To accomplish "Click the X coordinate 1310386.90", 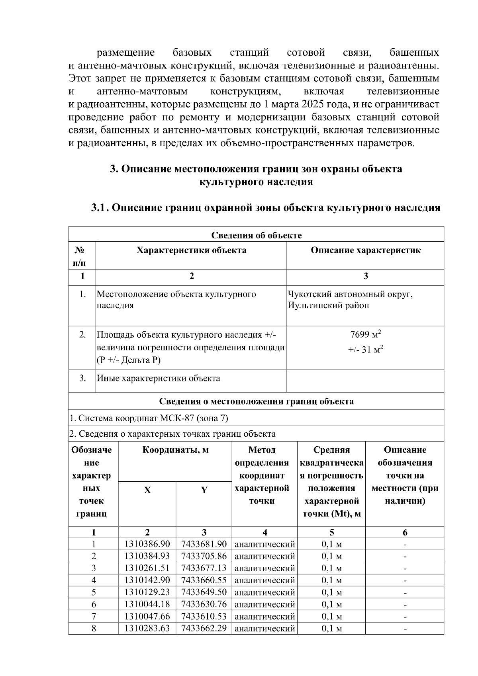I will [x=147, y=544].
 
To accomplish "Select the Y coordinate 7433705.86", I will [x=204, y=556].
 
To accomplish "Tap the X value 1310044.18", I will [x=147, y=604].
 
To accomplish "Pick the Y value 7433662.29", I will [x=204, y=629].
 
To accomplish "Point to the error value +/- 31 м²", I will [x=365, y=350].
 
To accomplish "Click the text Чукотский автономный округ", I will [x=350, y=295].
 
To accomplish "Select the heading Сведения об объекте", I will [x=256, y=235].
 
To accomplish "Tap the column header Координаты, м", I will [x=175, y=450].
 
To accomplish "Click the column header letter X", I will [x=147, y=490].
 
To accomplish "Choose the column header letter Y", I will [x=204, y=490].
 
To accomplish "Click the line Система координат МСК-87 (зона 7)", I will [x=149, y=418].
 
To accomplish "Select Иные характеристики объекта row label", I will [x=159, y=378].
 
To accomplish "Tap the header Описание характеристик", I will [x=365, y=250].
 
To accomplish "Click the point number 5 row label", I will [x=94, y=592].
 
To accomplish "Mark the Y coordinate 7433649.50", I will [x=204, y=592].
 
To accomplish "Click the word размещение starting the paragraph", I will [x=126, y=53].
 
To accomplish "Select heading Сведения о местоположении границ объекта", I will [x=256, y=401].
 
